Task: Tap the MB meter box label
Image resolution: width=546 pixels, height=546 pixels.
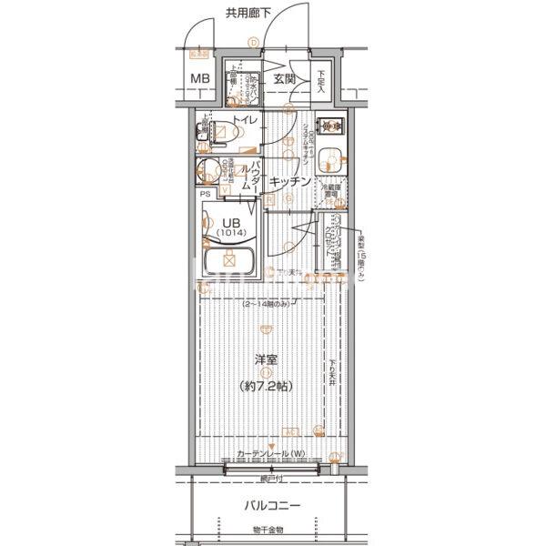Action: click(200, 78)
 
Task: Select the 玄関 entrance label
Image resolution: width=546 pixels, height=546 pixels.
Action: click(284, 79)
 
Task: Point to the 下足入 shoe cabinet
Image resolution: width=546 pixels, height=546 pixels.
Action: click(322, 83)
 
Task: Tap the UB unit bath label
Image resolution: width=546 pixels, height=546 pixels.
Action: click(231, 221)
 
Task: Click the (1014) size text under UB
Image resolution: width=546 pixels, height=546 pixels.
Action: click(231, 233)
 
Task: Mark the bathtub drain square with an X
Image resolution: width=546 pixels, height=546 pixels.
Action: click(230, 261)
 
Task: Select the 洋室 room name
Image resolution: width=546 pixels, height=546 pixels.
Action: click(267, 359)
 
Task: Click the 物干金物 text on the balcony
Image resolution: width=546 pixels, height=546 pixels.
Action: click(268, 530)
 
